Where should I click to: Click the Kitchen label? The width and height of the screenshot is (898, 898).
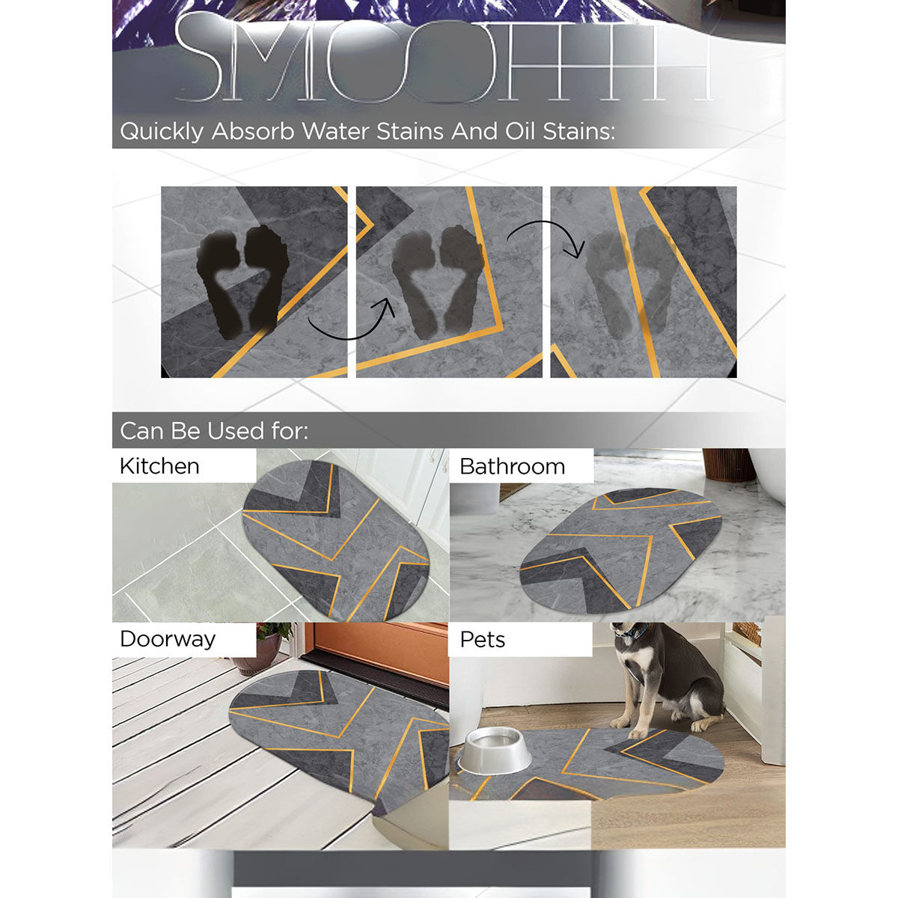click(x=159, y=466)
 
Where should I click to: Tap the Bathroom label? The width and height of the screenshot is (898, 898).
click(x=512, y=466)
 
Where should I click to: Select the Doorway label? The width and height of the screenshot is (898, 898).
click(x=168, y=639)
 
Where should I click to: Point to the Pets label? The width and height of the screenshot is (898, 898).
click(x=482, y=640)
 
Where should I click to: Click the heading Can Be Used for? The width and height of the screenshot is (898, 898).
click(x=214, y=431)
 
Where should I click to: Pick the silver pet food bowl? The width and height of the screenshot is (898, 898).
click(x=495, y=751)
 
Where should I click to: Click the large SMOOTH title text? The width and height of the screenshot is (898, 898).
click(x=442, y=64)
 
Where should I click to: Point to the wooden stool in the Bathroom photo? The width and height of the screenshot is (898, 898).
click(x=728, y=464)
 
